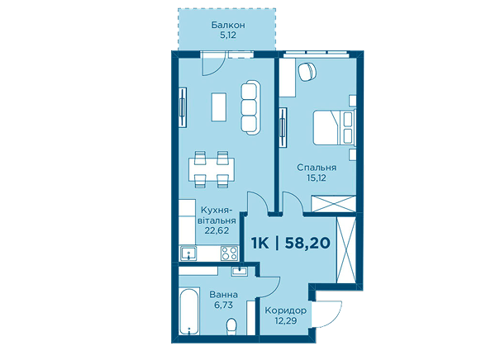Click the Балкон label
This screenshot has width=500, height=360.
228,25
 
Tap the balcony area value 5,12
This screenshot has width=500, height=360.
228,35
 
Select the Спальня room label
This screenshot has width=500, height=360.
317,168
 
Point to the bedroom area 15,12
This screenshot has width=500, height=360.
317,178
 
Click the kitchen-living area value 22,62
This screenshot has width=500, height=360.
217,230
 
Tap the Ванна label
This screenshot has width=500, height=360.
223,295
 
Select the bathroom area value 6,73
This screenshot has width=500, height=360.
223,305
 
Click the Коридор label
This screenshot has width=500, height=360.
286,310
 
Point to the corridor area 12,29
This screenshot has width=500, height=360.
286,320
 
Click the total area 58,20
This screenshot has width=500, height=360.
307,243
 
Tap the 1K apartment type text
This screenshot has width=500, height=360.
260,243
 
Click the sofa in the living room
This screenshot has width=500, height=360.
250,107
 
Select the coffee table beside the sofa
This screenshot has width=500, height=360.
219,107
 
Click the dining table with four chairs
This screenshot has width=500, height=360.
212,169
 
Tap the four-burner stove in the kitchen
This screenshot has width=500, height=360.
229,253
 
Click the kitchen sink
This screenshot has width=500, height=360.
188,253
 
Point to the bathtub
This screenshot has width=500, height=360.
189,311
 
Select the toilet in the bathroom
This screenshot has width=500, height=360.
232,326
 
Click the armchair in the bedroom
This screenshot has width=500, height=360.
307,71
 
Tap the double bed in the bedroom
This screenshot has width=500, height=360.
334,128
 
